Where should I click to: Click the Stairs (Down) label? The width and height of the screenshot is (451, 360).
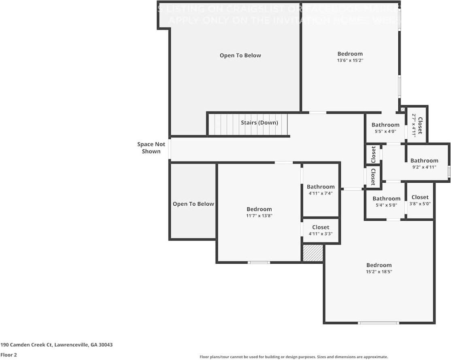[x=259, y=122]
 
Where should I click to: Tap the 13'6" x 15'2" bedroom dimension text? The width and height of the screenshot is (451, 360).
[x=350, y=60]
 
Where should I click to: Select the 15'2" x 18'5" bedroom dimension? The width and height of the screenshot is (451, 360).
[x=379, y=272]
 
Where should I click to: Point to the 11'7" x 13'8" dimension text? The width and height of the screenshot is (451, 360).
[x=259, y=216]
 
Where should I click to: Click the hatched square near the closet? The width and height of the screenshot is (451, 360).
[x=313, y=253]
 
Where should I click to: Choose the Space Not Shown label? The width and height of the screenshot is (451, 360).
[x=151, y=148]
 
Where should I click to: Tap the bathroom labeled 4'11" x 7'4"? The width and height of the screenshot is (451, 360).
[x=321, y=190]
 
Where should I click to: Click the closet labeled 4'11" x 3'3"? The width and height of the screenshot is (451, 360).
[x=321, y=230]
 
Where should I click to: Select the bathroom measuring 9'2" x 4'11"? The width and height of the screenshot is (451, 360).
[x=424, y=163]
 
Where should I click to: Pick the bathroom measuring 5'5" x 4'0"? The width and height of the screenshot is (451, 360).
[x=385, y=128]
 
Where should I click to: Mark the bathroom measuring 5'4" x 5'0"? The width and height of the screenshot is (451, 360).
[x=386, y=201]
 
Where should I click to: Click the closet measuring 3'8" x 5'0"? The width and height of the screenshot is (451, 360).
[x=420, y=200]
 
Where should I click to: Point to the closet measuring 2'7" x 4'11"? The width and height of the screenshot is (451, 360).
[x=417, y=126]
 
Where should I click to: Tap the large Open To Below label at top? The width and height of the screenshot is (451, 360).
[x=240, y=55]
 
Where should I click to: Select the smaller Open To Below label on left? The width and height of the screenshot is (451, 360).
[x=193, y=204]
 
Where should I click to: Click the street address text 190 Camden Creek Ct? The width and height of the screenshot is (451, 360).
[x=57, y=345]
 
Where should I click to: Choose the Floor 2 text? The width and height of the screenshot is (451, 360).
[x=9, y=355]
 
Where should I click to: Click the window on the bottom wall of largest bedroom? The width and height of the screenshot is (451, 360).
[x=379, y=323]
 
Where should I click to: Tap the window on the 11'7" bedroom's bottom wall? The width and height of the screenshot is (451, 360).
[x=259, y=262]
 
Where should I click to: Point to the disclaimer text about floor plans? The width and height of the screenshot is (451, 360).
[x=294, y=357]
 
